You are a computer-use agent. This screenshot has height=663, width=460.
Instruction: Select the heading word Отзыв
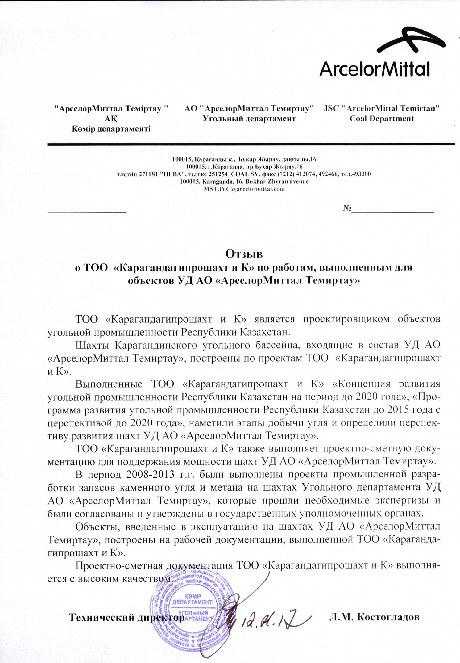pos(244,254)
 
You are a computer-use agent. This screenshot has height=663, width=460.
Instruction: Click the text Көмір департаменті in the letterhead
pos(111,129)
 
